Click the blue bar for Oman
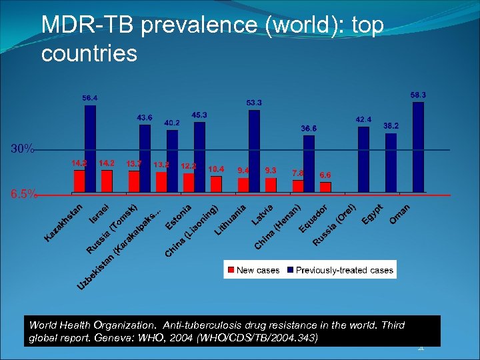(418, 147)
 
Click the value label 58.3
(418, 95)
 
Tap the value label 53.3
(254, 103)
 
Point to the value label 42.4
(363, 119)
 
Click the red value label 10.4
(216, 169)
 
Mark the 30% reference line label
(22, 149)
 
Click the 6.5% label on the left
(23, 195)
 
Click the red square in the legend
(231, 270)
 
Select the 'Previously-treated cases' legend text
(344, 270)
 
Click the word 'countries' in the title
(89, 53)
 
